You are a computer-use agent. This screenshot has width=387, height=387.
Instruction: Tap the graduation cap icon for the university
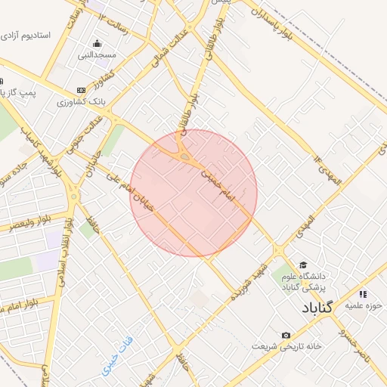point(303,265)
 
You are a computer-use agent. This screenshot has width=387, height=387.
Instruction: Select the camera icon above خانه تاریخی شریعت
point(286,335)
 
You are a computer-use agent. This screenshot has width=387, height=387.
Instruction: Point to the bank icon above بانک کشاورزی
point(82,89)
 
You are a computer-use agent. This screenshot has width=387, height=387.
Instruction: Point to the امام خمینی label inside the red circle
point(219,186)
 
